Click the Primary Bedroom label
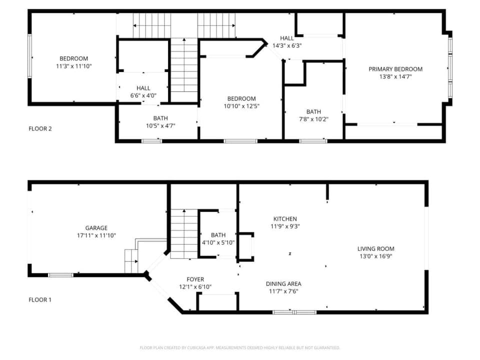coord(395,69)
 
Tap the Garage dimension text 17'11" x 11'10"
coord(96,235)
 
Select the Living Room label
coord(375,248)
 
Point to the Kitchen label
coord(285,218)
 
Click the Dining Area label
coord(283,283)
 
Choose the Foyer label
coord(195,279)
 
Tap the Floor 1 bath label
coord(218,235)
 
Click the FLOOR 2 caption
coord(40,128)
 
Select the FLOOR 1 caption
coord(40,300)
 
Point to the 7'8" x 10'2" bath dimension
coord(313,119)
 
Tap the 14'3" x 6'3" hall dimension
coord(287,45)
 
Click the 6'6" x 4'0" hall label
coord(143,95)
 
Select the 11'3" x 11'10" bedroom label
coord(74,66)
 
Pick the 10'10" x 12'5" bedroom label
coord(241,106)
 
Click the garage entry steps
coord(131,260)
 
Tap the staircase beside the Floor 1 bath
coord(184,233)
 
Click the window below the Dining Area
coord(294,312)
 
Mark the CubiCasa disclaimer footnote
coord(240,347)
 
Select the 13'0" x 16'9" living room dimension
coord(375,256)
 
